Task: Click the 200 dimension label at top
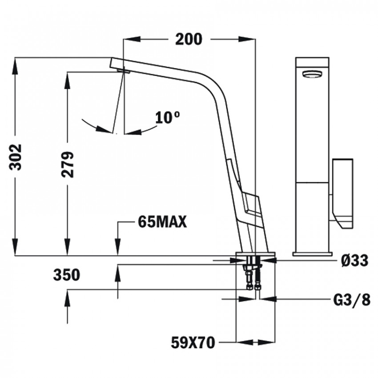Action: pos(189,39)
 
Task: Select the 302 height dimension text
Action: pos(16,157)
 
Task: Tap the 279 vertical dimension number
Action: pos(67,165)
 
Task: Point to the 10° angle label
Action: pos(167,118)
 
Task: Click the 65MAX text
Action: pos(162,221)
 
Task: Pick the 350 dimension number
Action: pos(67,275)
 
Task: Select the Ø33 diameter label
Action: pos(355,260)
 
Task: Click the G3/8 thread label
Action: pos(352,300)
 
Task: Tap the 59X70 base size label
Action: pos(193,342)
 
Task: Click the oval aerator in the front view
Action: pos(312,74)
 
